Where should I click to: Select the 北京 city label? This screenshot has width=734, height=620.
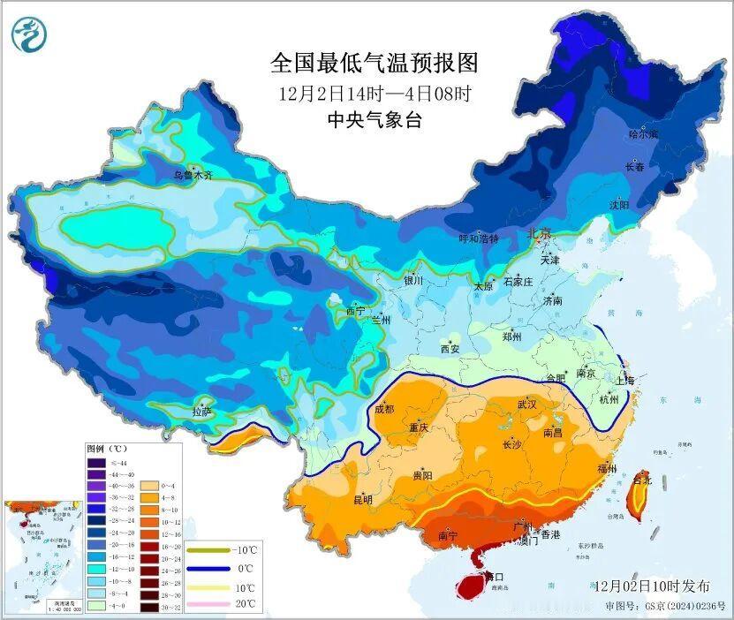tap(539, 234)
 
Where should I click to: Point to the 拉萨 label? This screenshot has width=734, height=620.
tap(202, 411)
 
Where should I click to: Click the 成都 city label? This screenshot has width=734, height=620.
tap(384, 409)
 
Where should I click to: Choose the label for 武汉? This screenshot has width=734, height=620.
tap(528, 404)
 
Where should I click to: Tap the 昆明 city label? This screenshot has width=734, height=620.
tap(363, 500)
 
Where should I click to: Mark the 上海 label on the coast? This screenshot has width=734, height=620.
tap(625, 380)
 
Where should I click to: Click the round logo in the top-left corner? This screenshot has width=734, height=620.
tap(28, 34)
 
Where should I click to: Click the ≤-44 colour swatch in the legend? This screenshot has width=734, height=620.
tap(96, 463)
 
